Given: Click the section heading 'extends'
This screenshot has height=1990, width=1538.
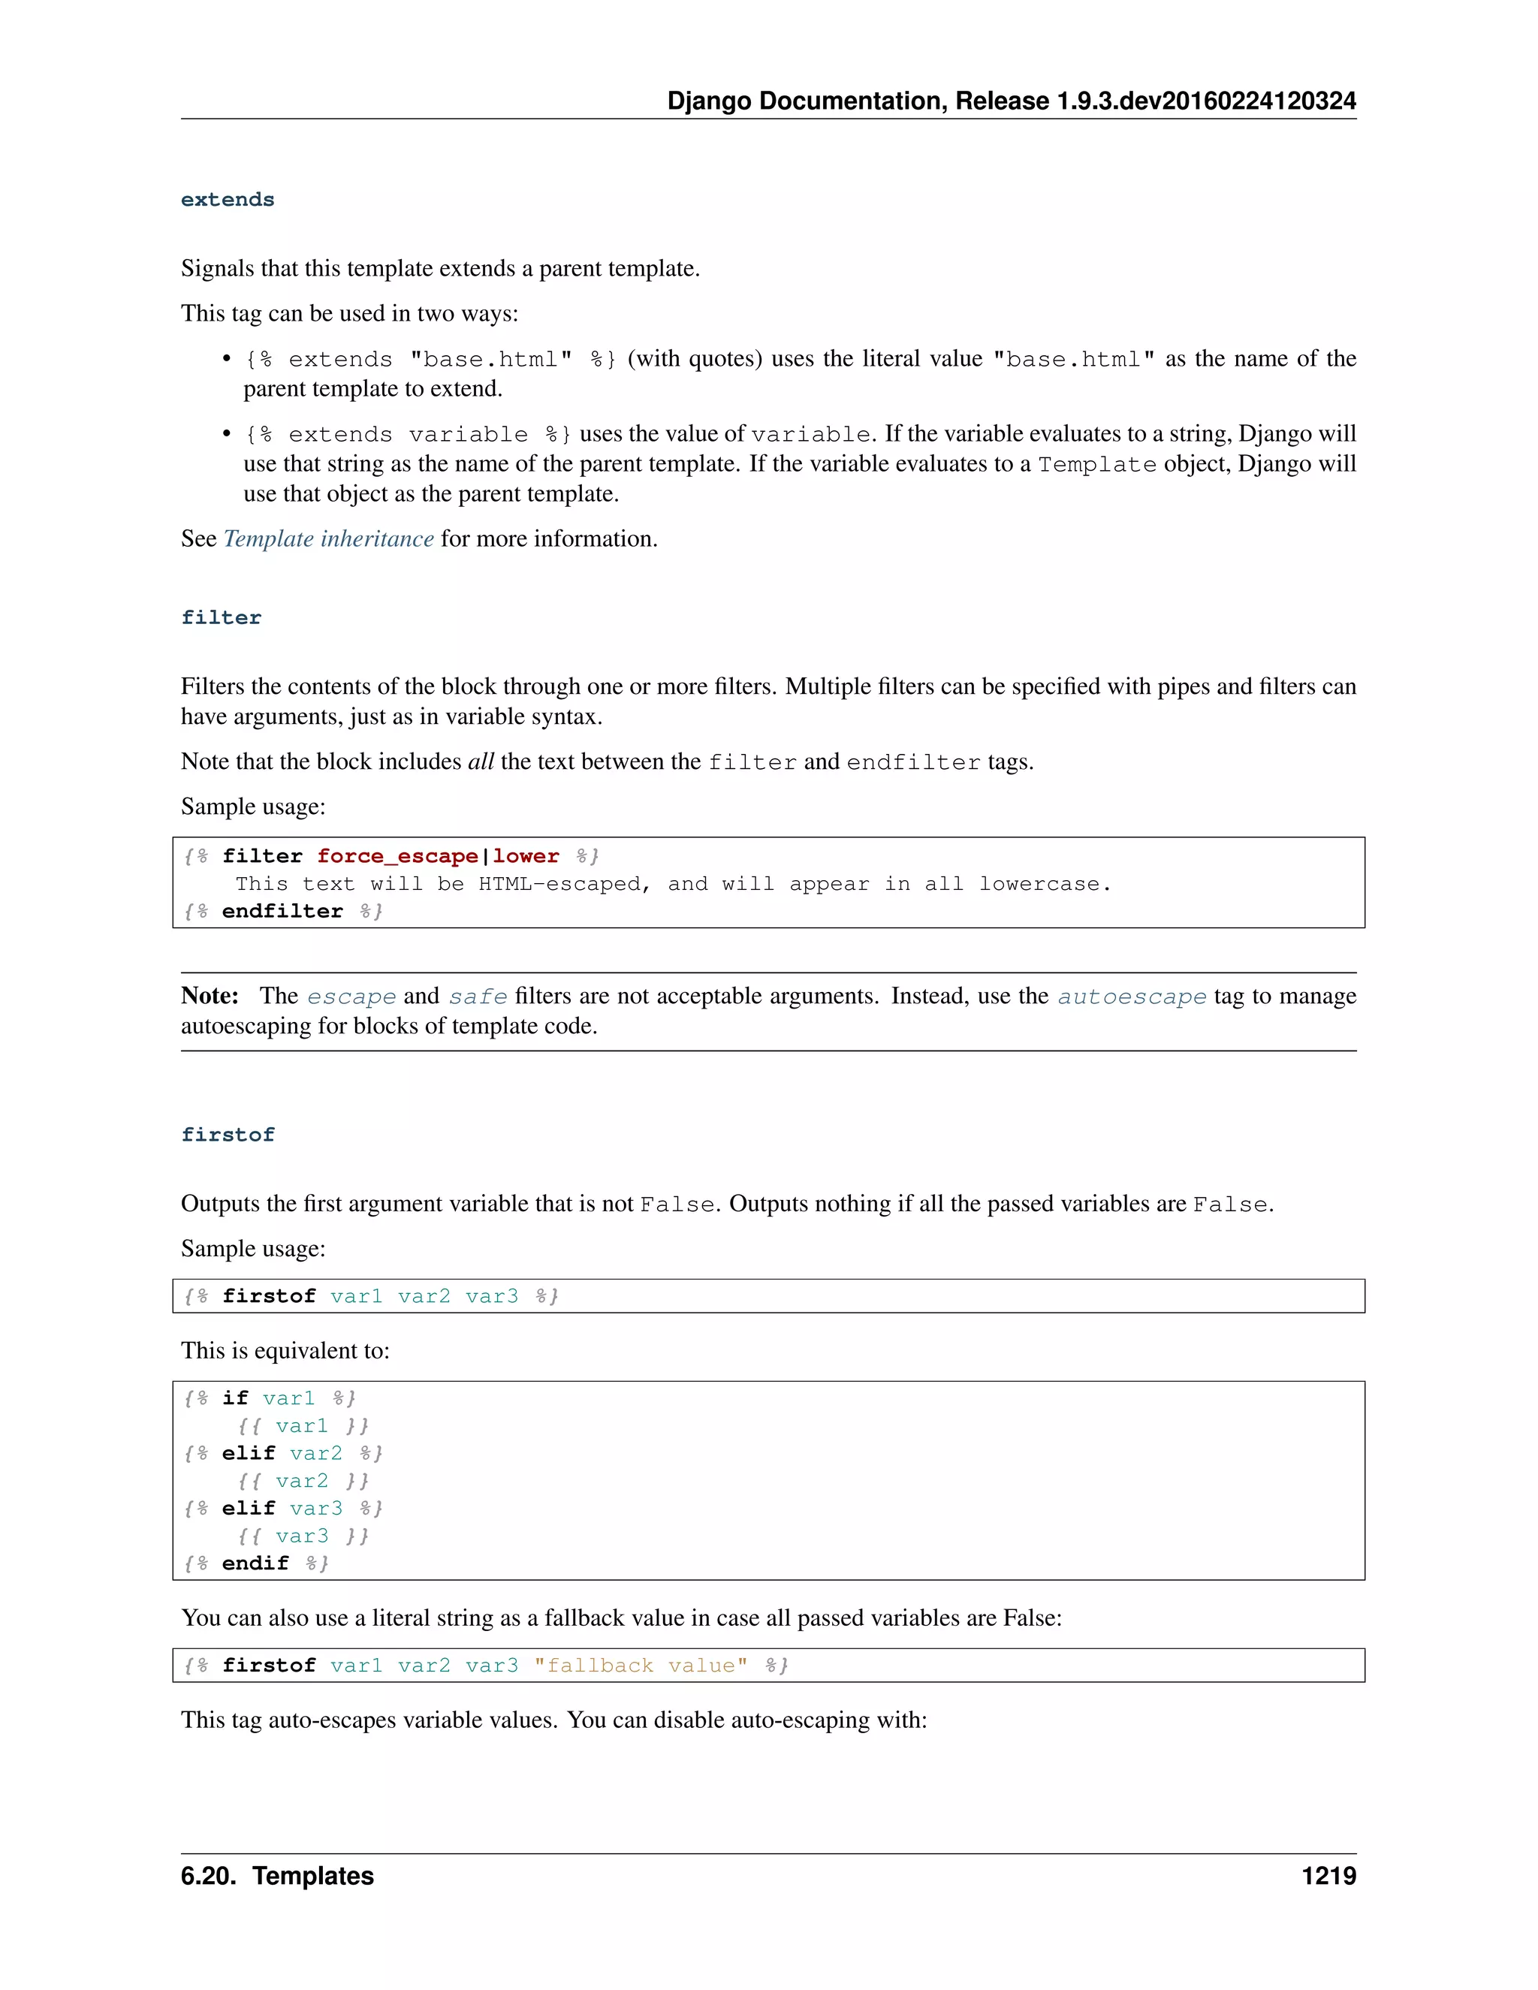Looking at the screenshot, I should tap(227, 200).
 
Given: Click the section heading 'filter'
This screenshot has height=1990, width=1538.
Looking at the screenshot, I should tap(221, 618).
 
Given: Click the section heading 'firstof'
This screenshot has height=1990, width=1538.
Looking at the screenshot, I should tap(227, 1135).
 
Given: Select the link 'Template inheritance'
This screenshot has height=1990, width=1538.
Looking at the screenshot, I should tap(328, 538).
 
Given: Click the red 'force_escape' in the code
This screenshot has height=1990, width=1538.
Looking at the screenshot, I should tap(397, 857).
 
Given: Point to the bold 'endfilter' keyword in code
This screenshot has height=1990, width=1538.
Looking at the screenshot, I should tap(282, 911).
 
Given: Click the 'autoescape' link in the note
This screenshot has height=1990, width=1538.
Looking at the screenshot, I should tap(1131, 996).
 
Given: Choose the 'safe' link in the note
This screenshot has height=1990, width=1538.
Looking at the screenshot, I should tap(478, 996).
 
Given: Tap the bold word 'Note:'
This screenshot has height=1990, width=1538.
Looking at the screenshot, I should tap(210, 996).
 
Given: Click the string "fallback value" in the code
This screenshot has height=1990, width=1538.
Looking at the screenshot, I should tap(640, 1666).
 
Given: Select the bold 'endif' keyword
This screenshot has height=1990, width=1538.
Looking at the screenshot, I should tap(255, 1563).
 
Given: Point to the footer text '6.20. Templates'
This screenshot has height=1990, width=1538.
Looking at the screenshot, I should tap(277, 1876).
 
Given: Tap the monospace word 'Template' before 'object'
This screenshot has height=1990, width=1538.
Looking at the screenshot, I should tap(1097, 465).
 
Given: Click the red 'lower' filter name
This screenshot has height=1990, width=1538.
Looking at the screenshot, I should tap(526, 857).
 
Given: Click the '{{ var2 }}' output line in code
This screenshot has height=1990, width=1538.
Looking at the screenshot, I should tap(303, 1482).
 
